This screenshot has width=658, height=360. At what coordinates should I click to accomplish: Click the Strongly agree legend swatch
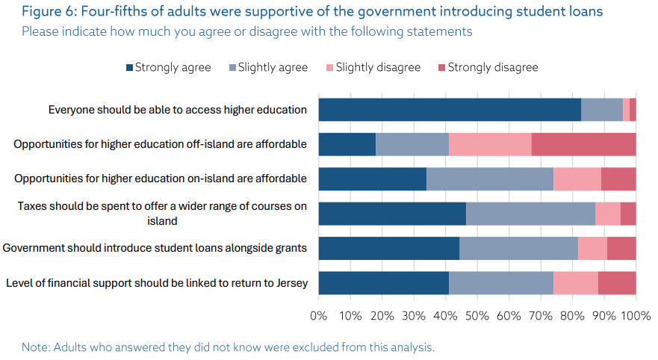click(x=130, y=68)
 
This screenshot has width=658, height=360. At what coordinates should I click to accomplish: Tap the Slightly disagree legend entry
click(x=378, y=68)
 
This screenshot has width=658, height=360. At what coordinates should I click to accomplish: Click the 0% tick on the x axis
click(x=319, y=315)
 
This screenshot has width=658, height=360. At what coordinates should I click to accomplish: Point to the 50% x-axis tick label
click(x=477, y=315)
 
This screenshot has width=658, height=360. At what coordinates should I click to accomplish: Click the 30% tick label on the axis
click(x=414, y=315)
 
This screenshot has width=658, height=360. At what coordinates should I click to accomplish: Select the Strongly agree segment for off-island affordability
click(x=347, y=144)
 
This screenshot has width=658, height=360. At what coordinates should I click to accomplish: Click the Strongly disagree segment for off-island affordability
click(x=583, y=144)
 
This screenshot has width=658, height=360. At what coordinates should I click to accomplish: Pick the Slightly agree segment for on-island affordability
click(x=489, y=179)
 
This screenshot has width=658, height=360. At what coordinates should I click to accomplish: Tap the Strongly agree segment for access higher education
click(x=450, y=109)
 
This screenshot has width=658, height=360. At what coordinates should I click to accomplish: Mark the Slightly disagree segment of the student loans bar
click(x=592, y=249)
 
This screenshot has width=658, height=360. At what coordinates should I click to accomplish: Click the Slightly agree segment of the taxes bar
click(x=530, y=214)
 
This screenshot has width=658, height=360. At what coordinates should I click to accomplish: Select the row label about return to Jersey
click(x=156, y=283)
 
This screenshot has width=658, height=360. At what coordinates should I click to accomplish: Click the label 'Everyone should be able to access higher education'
click(x=178, y=110)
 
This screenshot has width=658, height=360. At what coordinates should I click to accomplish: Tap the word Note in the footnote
click(x=34, y=347)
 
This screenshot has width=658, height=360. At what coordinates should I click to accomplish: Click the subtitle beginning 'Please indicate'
click(x=246, y=31)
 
